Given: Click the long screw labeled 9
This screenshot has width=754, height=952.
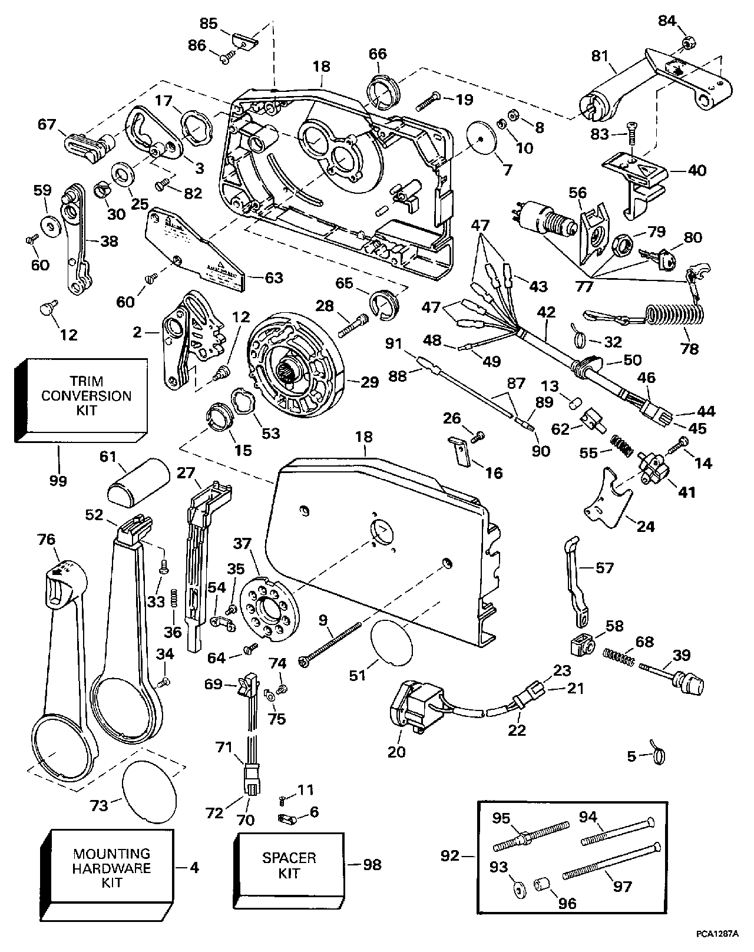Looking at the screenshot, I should tap(330, 646).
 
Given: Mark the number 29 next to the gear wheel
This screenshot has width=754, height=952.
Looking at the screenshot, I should tap(369, 382).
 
